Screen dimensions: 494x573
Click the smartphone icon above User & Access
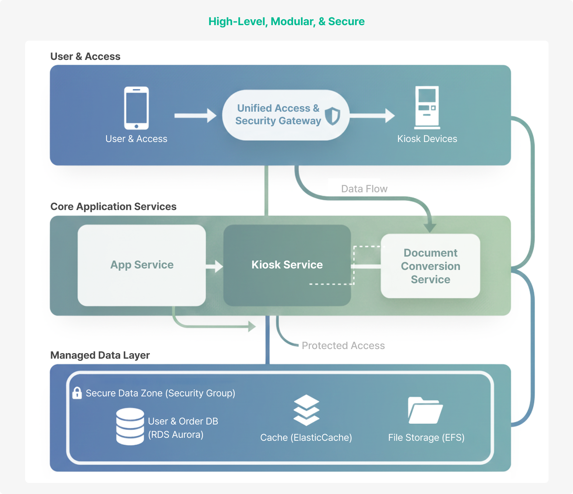click(x=136, y=108)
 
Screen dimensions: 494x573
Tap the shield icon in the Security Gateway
click(x=333, y=116)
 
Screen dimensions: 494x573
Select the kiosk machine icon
click(x=427, y=108)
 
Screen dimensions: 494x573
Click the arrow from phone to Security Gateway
click(x=195, y=116)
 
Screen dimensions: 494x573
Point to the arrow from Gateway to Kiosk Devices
click(x=372, y=116)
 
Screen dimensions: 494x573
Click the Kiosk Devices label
click(x=427, y=139)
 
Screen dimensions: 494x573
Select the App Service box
click(x=142, y=265)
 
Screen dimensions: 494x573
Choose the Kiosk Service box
click(x=287, y=265)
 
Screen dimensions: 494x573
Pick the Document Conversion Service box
click(x=430, y=266)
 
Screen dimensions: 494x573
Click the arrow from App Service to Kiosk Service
click(x=214, y=266)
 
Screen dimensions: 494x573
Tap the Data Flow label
click(x=364, y=189)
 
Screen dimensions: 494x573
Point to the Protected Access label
click(x=343, y=346)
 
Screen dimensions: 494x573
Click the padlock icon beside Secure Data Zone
click(x=77, y=393)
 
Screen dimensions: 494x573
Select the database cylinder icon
click(x=130, y=426)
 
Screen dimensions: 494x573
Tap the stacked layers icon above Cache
click(x=306, y=410)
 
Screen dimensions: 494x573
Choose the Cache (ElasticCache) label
click(x=306, y=438)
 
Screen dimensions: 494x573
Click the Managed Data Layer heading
click(x=100, y=355)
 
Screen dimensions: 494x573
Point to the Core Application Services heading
click(x=113, y=207)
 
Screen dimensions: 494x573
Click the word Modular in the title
click(x=292, y=21)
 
